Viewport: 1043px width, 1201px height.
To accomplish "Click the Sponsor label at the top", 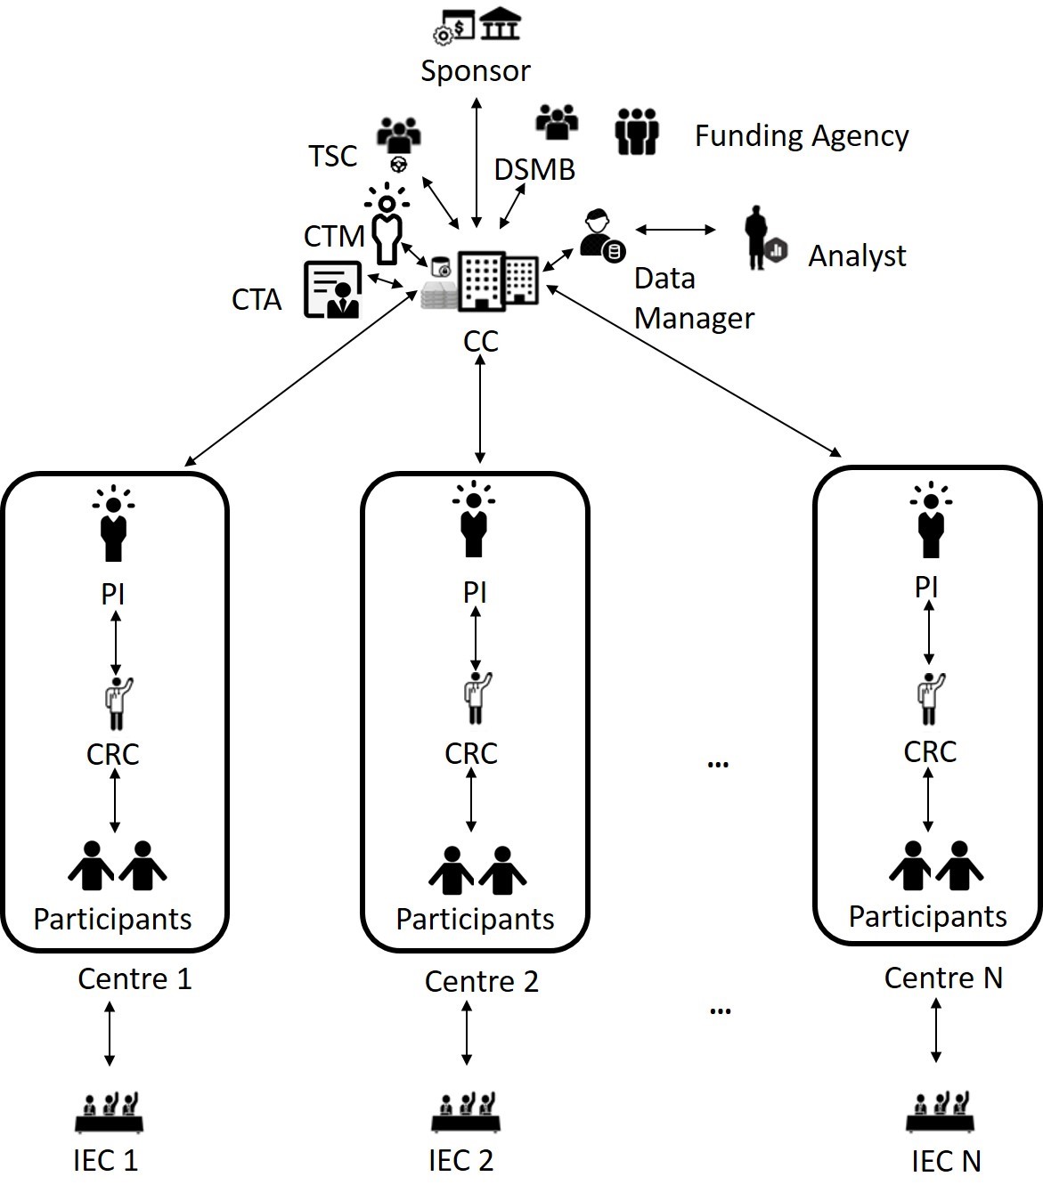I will [475, 70].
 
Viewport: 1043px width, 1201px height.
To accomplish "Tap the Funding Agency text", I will [801, 135].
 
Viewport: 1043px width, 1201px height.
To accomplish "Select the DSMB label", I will [534, 169].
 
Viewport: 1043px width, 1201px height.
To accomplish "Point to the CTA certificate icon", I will [332, 289].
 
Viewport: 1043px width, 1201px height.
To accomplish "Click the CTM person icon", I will [387, 224].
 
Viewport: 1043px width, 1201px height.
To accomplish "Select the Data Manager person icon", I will [599, 235].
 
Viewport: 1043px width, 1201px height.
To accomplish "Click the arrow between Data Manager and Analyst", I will [675, 230].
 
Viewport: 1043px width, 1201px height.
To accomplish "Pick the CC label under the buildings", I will [480, 341].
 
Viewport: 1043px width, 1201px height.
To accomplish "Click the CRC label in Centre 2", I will [470, 753].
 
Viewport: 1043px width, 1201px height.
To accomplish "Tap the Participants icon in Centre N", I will [935, 865].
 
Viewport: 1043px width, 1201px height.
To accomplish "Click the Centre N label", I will [942, 978].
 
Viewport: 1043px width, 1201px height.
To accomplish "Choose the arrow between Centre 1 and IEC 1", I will [109, 1033].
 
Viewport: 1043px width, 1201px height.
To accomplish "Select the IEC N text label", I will [945, 1161].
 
